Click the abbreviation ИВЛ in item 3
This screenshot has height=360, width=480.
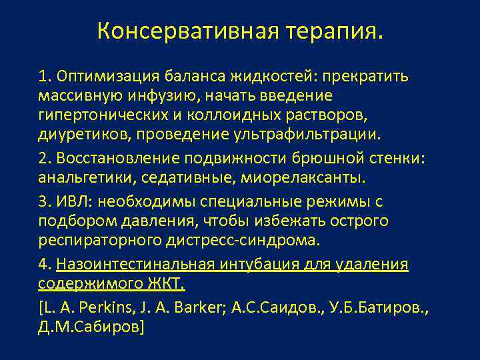click(x=73, y=201)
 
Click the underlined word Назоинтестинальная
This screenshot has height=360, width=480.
click(x=137, y=265)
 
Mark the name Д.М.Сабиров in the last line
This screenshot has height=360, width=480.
click(x=88, y=328)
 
